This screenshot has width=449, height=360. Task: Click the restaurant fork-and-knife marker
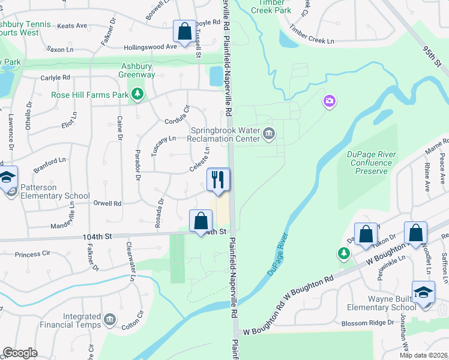tap(218, 179)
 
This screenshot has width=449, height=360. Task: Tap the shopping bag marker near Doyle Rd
tap(184, 31)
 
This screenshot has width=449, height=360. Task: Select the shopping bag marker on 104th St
tap(200, 220)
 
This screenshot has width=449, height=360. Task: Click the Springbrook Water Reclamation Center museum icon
tap(269, 134)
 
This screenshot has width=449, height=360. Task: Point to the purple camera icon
tap(329, 101)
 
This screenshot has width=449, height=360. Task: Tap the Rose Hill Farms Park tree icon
tap(138, 94)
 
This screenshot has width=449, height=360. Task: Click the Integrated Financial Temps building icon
tap(110, 319)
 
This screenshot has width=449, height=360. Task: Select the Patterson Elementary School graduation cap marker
tap(8, 178)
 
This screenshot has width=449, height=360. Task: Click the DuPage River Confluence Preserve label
tap(372, 163)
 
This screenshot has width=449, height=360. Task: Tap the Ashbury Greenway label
tap(138, 70)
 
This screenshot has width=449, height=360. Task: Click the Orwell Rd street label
tap(108, 203)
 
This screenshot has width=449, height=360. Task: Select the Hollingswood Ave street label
tap(150, 47)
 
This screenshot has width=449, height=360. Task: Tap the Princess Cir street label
tap(35, 254)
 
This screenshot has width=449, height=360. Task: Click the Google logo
tap(20, 352)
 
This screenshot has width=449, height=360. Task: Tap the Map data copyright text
tap(423, 355)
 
